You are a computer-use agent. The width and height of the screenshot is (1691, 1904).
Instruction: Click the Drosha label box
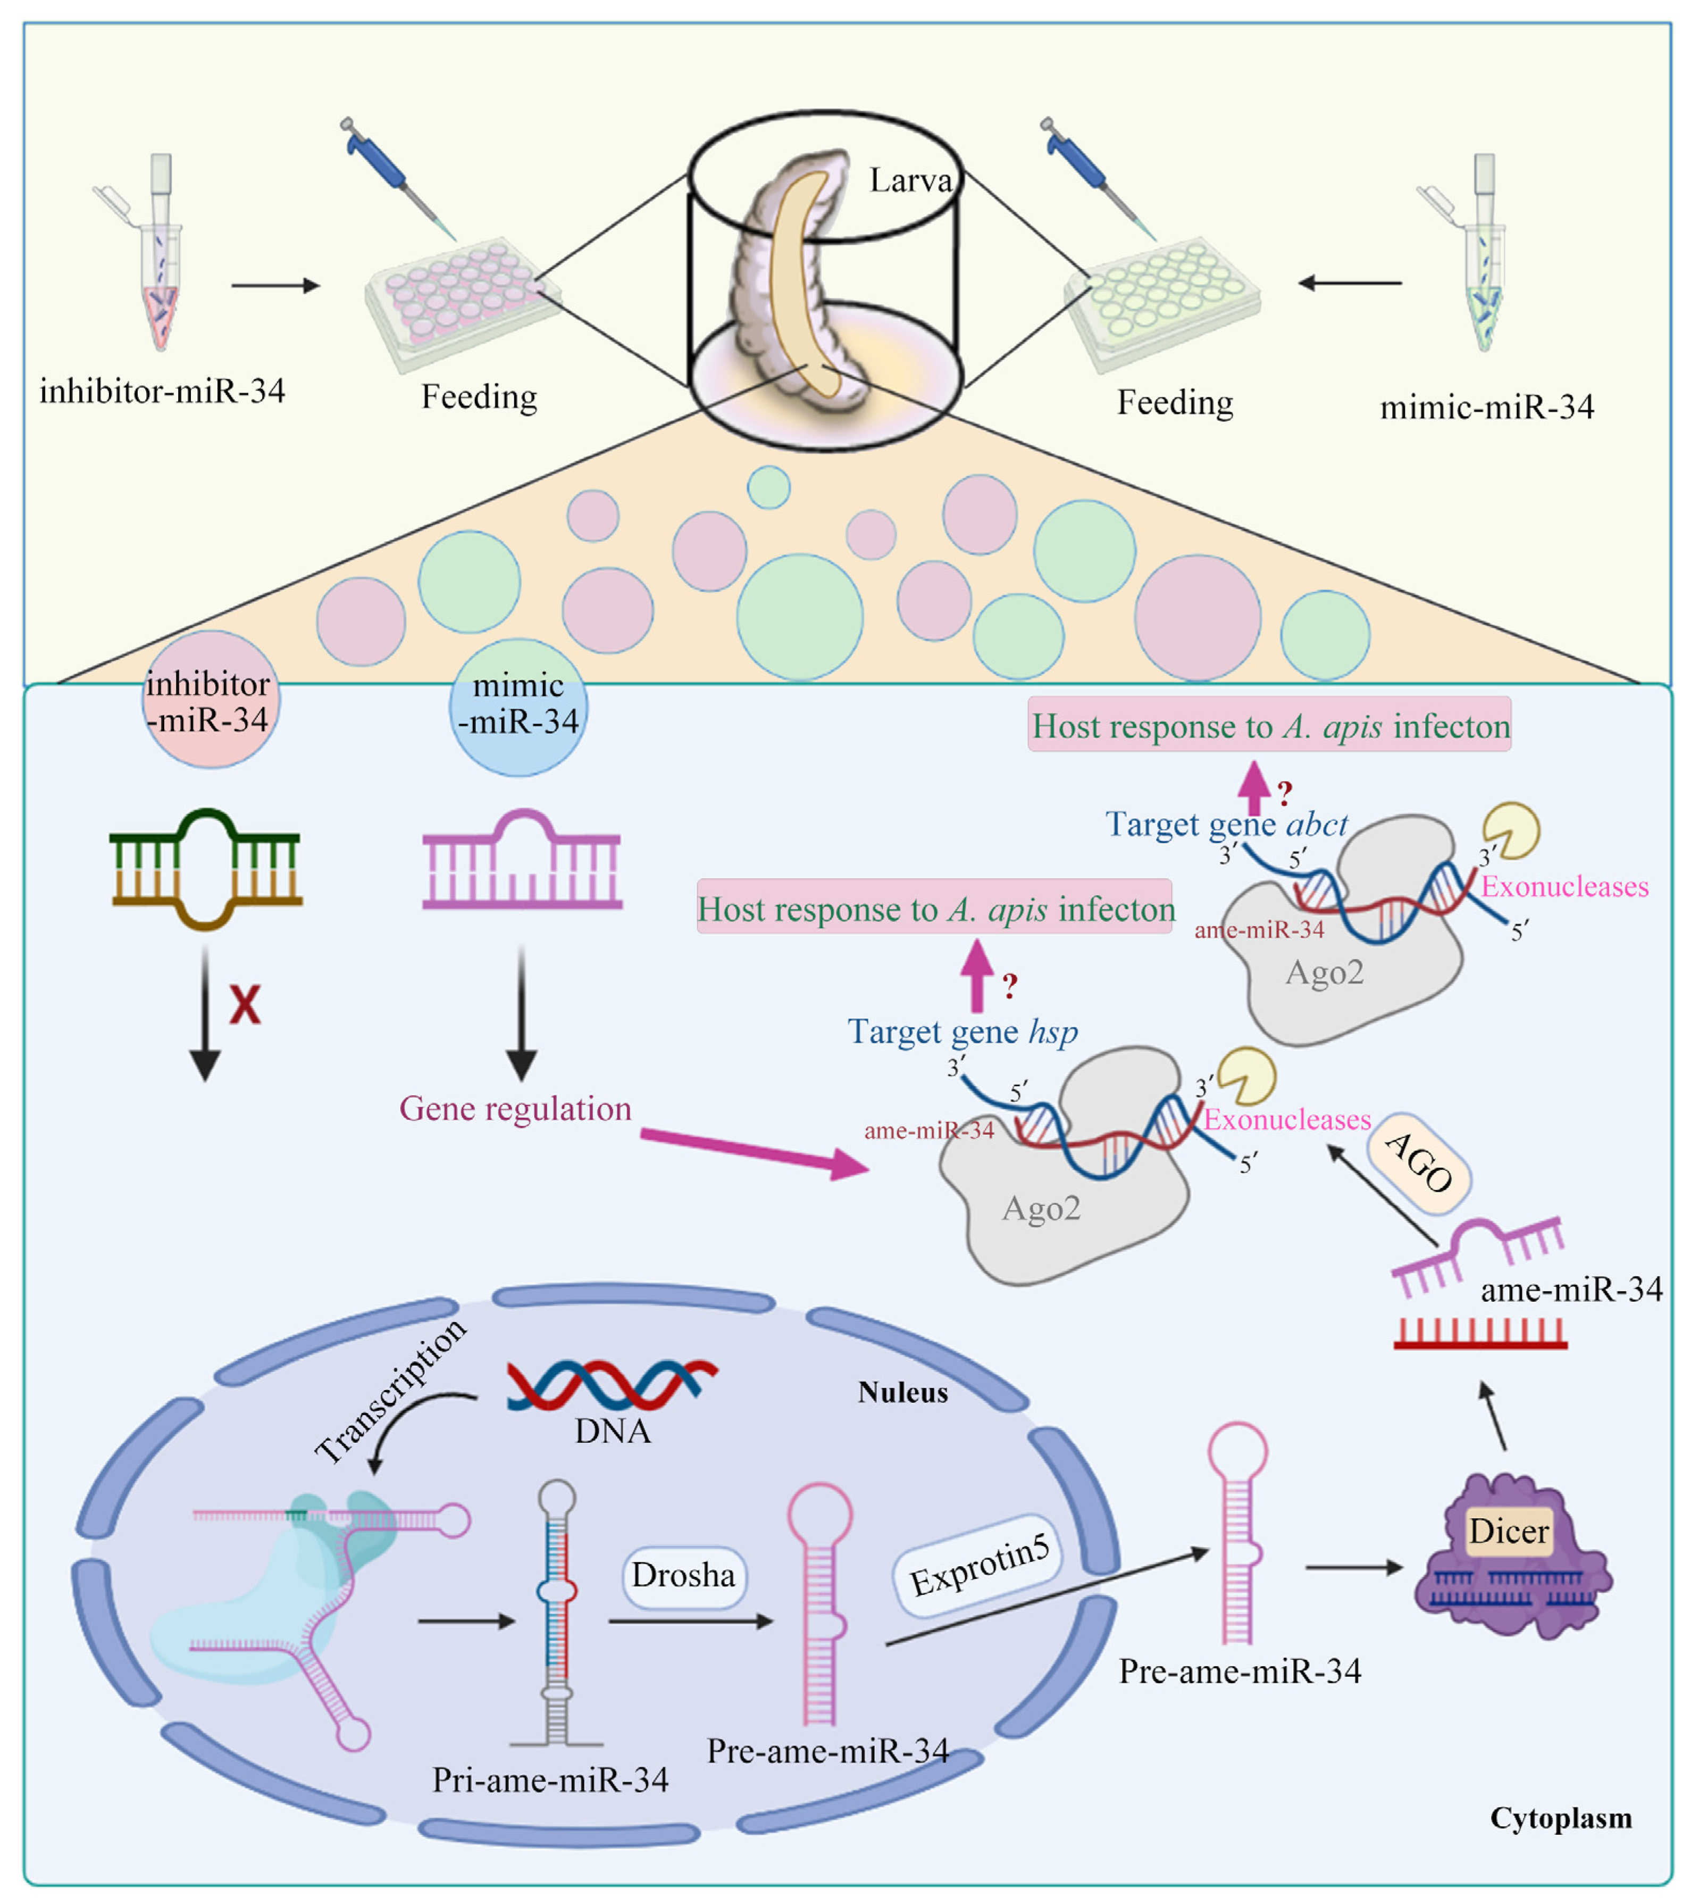[683, 1575]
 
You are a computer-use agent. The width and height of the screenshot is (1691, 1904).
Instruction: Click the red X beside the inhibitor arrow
[245, 1005]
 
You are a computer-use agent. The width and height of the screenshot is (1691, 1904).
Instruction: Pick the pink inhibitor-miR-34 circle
[211, 700]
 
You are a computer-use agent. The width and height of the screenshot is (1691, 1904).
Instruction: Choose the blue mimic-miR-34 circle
[518, 707]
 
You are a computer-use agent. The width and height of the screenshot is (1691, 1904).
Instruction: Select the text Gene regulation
[515, 1109]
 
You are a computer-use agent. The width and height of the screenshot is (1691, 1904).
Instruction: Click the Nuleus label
[902, 1393]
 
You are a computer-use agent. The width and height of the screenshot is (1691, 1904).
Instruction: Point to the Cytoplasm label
[1561, 1818]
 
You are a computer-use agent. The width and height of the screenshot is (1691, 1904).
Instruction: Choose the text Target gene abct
[1226, 825]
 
